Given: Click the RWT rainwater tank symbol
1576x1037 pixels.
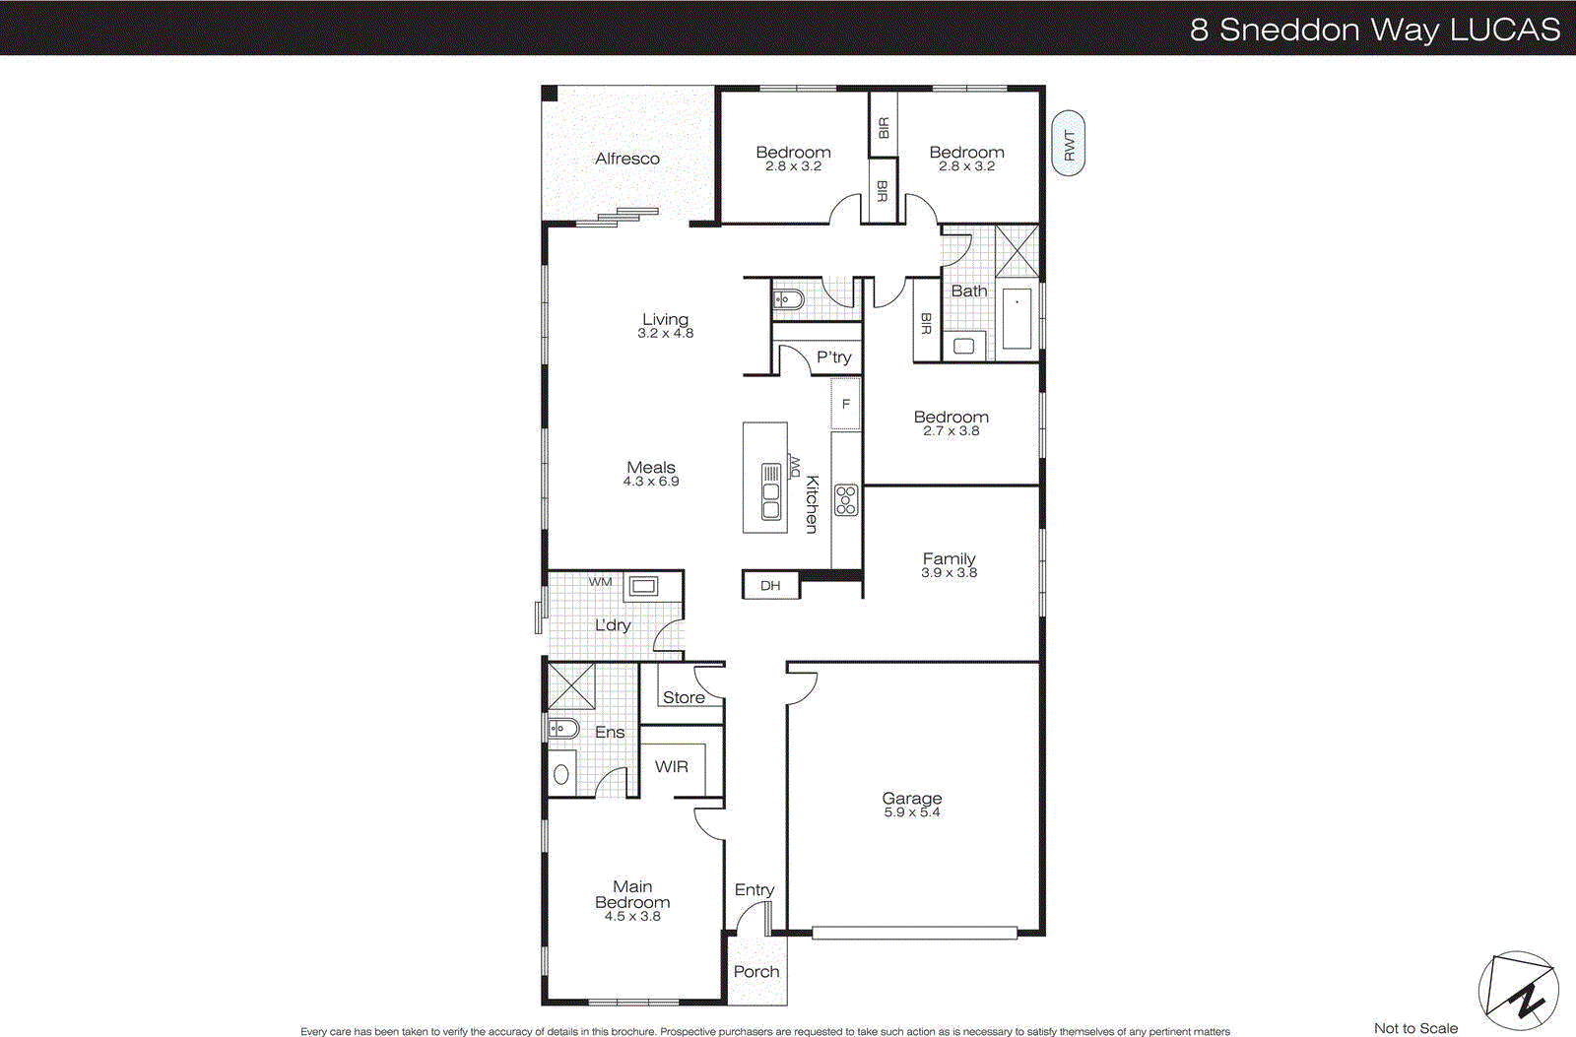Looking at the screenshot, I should coord(1068,144).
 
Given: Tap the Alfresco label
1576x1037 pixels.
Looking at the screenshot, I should coord(626,159).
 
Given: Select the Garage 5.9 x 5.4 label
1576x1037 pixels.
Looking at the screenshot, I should coord(911,805).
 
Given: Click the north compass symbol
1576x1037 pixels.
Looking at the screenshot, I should coord(1518,992).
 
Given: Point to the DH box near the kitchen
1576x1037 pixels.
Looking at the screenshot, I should coord(770,585).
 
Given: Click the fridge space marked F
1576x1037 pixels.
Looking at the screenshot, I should coord(845,405).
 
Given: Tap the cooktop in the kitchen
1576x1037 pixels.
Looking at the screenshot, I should coord(845,500).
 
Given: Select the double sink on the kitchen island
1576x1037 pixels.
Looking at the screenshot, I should coord(771,492).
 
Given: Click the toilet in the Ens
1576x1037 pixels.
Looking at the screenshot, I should coord(562,729).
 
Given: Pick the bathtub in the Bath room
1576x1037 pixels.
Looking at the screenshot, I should coord(1016,318).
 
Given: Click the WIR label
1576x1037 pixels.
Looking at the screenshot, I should coord(671,766).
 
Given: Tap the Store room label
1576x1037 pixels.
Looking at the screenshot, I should coord(683,697).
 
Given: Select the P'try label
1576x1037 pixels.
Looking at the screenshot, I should coord(833,357).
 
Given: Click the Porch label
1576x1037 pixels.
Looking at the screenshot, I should coord(755,972).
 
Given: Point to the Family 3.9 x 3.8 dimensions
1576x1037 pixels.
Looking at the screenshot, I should coord(949,573).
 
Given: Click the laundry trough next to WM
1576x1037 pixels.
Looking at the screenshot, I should coord(643,587).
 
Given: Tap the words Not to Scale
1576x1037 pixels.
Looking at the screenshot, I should coord(1415,1028).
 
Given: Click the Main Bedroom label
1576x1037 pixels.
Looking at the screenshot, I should coord(632,894).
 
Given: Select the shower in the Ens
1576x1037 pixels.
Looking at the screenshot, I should coord(571,685).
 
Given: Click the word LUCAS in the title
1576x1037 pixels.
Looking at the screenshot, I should coord(1505,30).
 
